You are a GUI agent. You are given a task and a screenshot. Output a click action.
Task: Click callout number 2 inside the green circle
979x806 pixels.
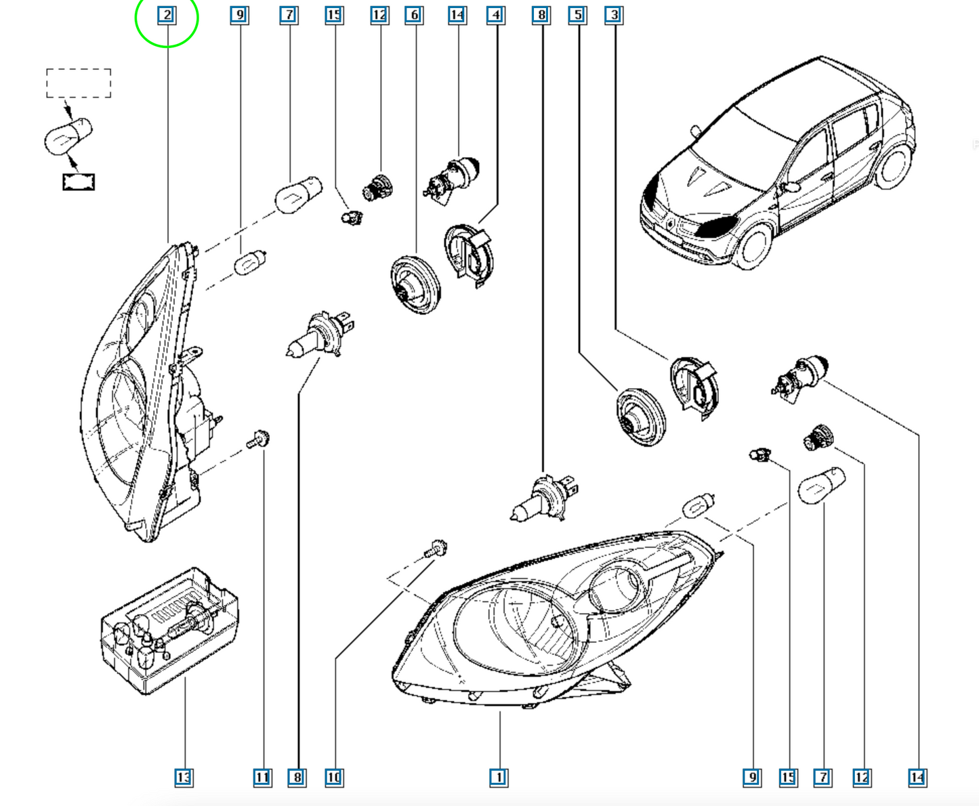[x=167, y=15]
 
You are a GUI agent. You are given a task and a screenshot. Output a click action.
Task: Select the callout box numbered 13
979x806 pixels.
[x=184, y=778]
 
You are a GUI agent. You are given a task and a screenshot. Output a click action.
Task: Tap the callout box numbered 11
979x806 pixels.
[x=263, y=778]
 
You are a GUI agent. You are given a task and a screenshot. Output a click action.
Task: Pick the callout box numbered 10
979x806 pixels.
[x=334, y=778]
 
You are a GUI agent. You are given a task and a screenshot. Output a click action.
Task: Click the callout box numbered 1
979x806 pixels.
[x=499, y=778]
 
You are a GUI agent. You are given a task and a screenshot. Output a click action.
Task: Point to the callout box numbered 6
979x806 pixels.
[x=415, y=15]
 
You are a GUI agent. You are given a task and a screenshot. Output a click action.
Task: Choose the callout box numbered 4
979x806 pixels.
[x=496, y=15]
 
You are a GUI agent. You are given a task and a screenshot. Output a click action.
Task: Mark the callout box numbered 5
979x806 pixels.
[x=578, y=15]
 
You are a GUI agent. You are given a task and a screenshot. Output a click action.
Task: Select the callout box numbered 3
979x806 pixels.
[x=615, y=15]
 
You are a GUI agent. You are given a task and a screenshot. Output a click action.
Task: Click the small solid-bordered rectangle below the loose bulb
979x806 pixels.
[x=79, y=182]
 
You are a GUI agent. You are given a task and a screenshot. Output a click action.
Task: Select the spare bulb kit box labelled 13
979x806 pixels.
[x=170, y=630]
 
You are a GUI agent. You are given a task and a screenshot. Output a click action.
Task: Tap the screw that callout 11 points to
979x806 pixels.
[x=258, y=440]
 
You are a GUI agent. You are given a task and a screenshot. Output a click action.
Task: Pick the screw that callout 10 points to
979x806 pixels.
[x=436, y=549]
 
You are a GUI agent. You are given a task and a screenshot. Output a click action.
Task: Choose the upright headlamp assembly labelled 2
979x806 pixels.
[x=150, y=391]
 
